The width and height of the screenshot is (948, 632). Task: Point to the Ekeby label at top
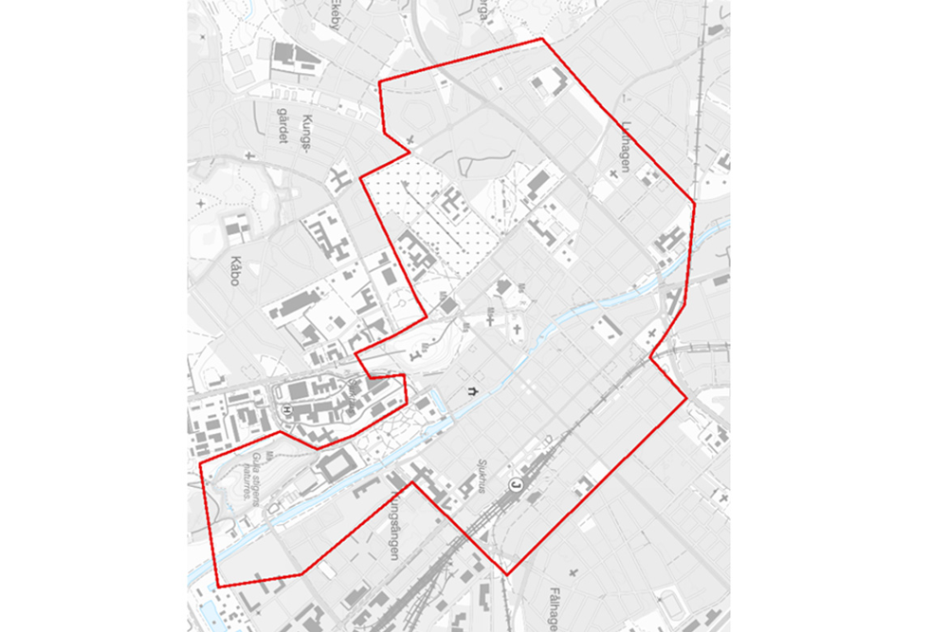coord(335,12)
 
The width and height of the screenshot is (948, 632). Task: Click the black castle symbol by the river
coord(470,390)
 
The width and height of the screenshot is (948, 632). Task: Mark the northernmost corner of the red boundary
coord(541,39)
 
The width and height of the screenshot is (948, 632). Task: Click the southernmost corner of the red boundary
coord(506,574)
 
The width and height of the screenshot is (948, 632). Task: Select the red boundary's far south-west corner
coord(218,587)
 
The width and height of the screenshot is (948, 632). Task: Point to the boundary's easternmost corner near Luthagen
coord(695,205)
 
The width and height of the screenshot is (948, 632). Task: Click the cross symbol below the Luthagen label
coord(613,173)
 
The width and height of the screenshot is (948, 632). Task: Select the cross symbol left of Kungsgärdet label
coord(248,154)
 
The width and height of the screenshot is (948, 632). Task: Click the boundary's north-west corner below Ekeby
coord(379,82)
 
